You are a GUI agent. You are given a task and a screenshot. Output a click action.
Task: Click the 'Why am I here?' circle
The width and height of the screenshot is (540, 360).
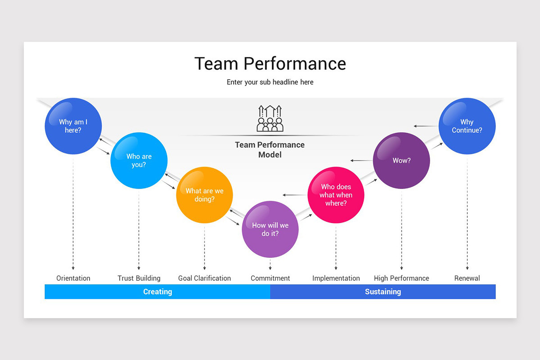point(73,126)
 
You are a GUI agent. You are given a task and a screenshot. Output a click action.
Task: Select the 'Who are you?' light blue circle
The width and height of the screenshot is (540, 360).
point(139,161)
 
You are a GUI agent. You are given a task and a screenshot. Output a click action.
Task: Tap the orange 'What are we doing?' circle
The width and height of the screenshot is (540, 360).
point(204,195)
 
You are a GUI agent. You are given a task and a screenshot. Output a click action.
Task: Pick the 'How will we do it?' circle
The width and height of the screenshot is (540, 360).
point(270,229)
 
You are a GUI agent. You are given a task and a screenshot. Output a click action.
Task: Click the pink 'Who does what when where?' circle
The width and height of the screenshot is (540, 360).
point(336,195)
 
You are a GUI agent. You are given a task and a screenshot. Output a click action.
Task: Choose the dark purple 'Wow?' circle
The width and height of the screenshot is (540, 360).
point(401,161)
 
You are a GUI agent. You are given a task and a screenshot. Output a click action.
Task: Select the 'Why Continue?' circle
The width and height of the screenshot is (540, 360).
point(467,126)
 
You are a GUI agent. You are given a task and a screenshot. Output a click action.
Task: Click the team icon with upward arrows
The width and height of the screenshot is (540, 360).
point(270,118)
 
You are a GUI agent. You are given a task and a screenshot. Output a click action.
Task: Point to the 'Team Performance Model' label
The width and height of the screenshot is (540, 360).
point(270,149)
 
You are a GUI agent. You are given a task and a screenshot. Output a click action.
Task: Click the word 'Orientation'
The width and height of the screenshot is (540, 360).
point(73,278)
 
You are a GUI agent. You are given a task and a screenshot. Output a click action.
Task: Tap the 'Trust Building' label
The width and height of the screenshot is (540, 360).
point(139,278)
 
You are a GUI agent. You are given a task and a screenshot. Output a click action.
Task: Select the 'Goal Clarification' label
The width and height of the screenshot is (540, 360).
point(204,278)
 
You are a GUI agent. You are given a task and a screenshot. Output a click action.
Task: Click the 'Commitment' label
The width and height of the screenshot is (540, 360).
point(270,278)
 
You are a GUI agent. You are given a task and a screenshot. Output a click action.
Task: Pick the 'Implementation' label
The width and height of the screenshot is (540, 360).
point(336,278)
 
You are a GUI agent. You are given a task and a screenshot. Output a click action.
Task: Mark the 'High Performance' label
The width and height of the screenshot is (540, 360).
point(401,278)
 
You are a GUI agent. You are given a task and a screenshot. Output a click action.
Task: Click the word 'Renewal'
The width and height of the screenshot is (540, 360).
point(467,278)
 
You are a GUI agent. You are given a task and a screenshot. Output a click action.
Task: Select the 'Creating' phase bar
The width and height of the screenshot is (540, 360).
point(157,292)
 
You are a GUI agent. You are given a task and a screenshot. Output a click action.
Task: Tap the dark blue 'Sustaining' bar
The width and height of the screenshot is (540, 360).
point(382,292)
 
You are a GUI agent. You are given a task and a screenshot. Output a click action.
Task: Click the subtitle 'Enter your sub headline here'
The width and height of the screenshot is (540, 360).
point(270,82)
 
